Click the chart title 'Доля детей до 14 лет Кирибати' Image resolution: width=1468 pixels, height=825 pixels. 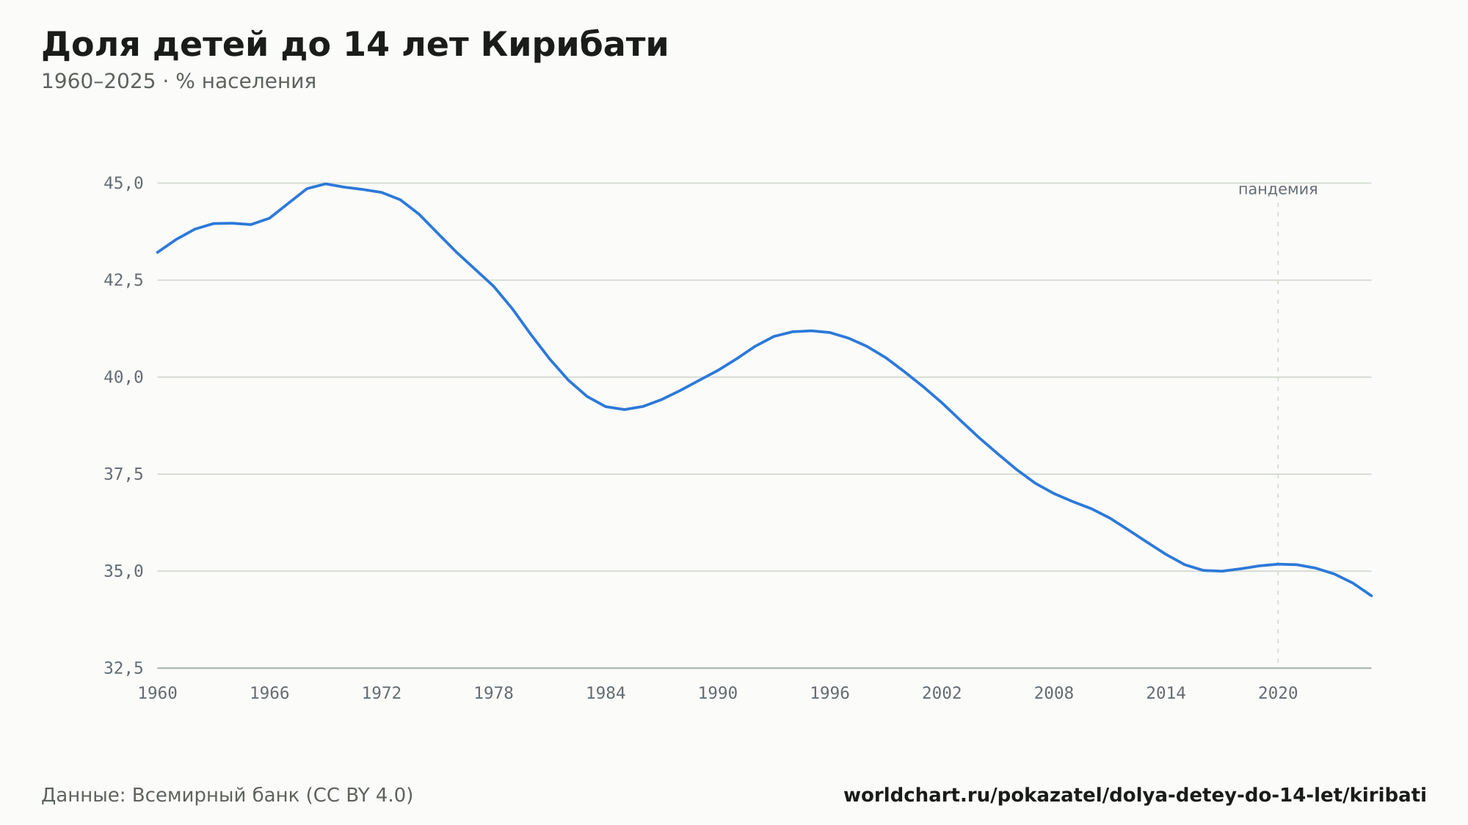pyautogui.click(x=355, y=45)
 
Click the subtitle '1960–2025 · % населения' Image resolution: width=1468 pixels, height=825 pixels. pyautogui.click(x=178, y=81)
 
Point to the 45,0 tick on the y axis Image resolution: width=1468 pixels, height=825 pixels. pyautogui.click(x=123, y=183)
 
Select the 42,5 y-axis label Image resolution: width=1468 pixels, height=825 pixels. pyautogui.click(x=123, y=280)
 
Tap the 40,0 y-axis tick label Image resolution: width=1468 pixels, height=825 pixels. pyautogui.click(x=123, y=377)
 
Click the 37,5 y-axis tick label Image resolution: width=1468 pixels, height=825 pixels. pyautogui.click(x=123, y=474)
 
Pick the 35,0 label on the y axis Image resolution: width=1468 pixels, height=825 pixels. pyautogui.click(x=123, y=571)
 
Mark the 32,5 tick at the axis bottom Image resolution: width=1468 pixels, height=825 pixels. pyautogui.click(x=123, y=668)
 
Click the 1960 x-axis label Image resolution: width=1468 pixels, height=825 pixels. pyautogui.click(x=158, y=694)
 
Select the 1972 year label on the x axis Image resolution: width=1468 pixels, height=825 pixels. pyautogui.click(x=382, y=694)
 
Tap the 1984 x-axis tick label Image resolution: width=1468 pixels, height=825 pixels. pyautogui.click(x=606, y=694)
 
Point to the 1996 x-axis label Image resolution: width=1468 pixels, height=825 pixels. pyautogui.click(x=829, y=694)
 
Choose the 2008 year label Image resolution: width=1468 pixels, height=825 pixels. pyautogui.click(x=1054, y=694)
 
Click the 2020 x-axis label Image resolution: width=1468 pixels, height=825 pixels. pyautogui.click(x=1278, y=694)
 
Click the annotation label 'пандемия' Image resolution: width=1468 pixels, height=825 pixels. pyautogui.click(x=1278, y=189)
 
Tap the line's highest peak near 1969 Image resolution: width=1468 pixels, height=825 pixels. pyautogui.click(x=325, y=183)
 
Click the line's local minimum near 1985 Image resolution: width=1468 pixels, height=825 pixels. pyautogui.click(x=624, y=410)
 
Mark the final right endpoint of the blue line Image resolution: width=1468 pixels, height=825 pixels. pyautogui.click(x=1371, y=596)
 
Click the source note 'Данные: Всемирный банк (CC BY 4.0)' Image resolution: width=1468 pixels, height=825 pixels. pyautogui.click(x=228, y=796)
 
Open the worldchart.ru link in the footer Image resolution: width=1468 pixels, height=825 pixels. pyautogui.click(x=1135, y=796)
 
